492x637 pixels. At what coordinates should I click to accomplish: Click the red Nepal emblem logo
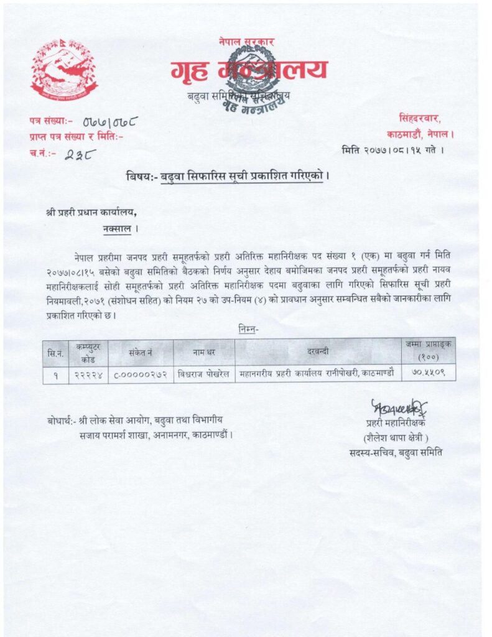pyautogui.click(x=65, y=70)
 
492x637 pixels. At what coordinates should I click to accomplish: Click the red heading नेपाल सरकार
pyautogui.click(x=246, y=42)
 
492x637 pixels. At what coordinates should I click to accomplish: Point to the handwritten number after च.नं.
pyautogui.click(x=78, y=153)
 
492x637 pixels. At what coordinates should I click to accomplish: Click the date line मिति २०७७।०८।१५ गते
pyautogui.click(x=392, y=149)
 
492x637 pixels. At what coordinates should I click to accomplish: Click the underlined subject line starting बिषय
pyautogui.click(x=226, y=175)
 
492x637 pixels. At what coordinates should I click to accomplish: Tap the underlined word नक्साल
pyautogui.click(x=118, y=228)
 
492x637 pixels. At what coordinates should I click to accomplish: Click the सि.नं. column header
pyautogui.click(x=56, y=353)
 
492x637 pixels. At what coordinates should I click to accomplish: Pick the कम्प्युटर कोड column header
pyautogui.click(x=88, y=353)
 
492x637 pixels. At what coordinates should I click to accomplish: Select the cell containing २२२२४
pyautogui.click(x=88, y=374)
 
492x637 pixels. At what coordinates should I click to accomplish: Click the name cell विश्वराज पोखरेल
pyautogui.click(x=203, y=374)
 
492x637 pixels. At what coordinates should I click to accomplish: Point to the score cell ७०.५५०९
pyautogui.click(x=429, y=374)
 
